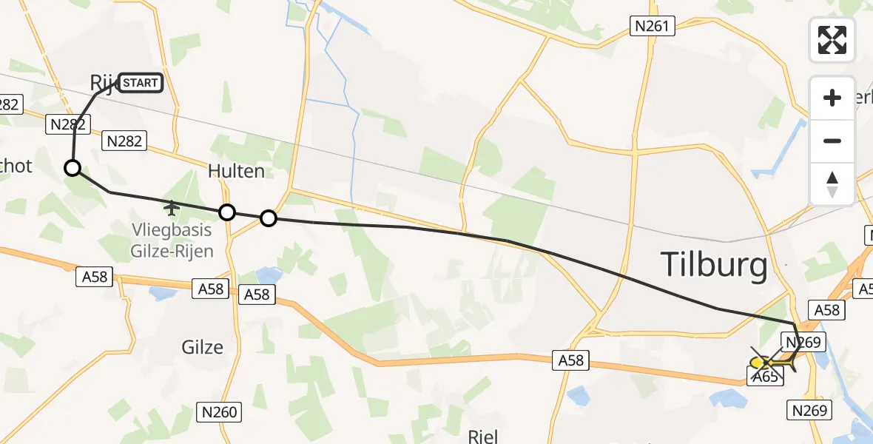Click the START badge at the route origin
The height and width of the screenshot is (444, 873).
coord(140,83)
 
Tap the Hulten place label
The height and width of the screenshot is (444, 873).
coord(236,171)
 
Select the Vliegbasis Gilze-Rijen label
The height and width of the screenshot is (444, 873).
coord(172,240)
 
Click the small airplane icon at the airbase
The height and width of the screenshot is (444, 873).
coord(172,206)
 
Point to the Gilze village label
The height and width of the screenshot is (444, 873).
coord(202,346)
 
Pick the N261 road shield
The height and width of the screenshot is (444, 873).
coord(652,27)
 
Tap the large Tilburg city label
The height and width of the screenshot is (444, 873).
coord(713,265)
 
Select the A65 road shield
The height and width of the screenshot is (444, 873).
coord(765,377)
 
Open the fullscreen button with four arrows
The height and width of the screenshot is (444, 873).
coord(832,40)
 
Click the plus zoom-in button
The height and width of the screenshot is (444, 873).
coord(832,98)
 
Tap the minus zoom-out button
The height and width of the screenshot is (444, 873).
coord(832,141)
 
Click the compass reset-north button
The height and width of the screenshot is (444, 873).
coord(832,184)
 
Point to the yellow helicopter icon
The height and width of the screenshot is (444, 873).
coord(760,363)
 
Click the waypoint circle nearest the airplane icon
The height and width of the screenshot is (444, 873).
coord(228,212)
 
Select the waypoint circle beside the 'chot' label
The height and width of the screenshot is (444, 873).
coord(73,168)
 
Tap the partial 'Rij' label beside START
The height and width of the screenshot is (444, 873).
coord(102,82)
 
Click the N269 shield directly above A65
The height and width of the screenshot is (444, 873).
coord(802,342)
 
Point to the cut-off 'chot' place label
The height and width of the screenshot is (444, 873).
coord(16,166)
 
